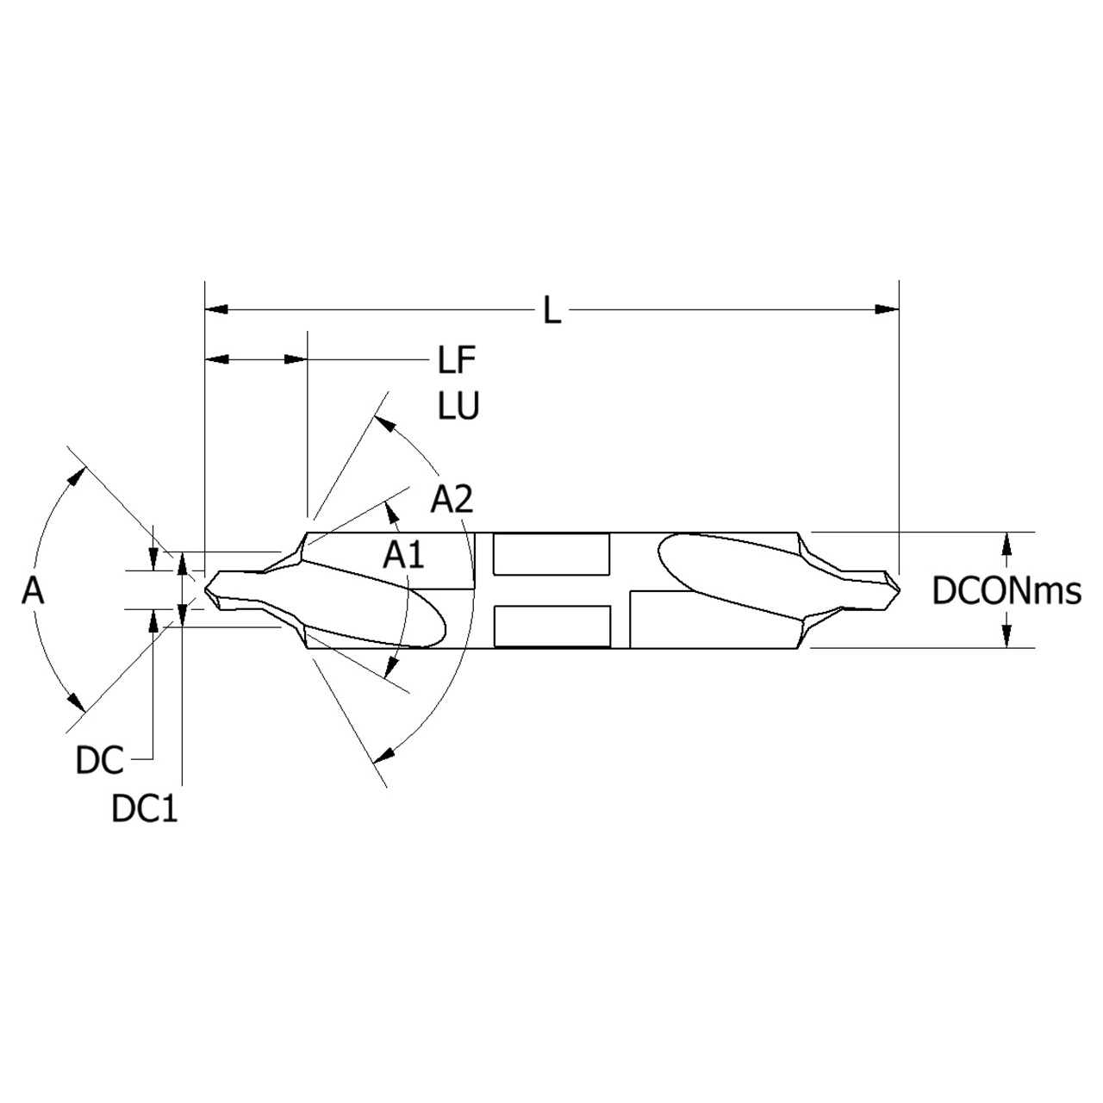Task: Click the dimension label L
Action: click(551, 310)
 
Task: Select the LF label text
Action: click(456, 361)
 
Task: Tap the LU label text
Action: click(458, 406)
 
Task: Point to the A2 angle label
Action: click(452, 499)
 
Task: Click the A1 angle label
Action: click(404, 555)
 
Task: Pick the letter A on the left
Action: click(33, 591)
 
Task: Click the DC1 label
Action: click(144, 809)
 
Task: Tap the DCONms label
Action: click(1006, 591)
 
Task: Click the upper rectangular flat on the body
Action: click(551, 554)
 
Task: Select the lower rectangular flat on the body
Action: click(551, 626)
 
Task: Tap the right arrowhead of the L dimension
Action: click(887, 309)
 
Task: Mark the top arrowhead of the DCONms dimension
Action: click(1006, 542)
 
